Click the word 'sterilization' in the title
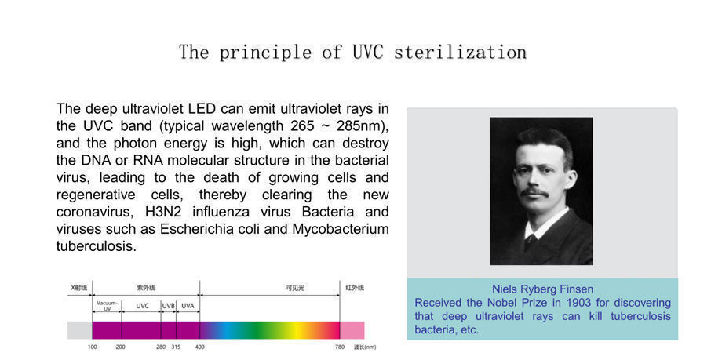tap(460, 53)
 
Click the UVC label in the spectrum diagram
tap(142, 306)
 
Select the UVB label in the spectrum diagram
tap(168, 306)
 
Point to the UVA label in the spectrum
tap(188, 306)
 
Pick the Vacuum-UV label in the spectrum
tap(108, 306)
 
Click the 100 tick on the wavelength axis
tap(93, 346)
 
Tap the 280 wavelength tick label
tap(161, 346)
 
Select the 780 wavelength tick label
tap(340, 346)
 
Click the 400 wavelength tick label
tap(200, 346)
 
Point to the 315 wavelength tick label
tap(176, 346)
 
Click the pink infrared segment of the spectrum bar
tap(352, 329)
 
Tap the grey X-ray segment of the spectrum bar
tap(80, 329)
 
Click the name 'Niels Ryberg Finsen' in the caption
tap(542, 289)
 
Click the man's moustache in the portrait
tap(534, 192)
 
